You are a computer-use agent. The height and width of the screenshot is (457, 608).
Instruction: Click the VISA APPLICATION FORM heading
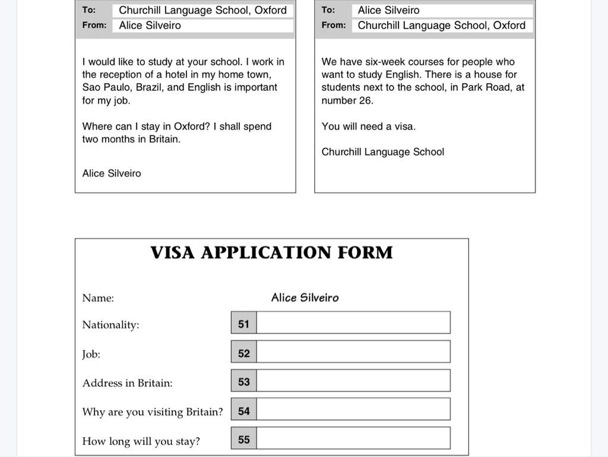271,253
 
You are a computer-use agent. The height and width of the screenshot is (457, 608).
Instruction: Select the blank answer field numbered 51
353,323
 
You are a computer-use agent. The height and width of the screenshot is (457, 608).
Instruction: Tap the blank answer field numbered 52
353,352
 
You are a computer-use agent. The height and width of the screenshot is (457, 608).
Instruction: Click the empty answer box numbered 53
353,381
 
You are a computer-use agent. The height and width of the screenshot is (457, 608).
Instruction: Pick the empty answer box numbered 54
353,410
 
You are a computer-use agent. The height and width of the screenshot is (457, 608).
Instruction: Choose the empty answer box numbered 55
353,439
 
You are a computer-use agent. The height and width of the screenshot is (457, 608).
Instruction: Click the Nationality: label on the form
110,325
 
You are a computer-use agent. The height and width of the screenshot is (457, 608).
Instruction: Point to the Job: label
91,354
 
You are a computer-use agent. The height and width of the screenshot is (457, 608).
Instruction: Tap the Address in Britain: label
127,383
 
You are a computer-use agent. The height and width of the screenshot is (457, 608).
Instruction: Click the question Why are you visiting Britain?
153,412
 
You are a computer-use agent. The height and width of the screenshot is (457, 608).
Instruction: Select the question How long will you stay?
141,441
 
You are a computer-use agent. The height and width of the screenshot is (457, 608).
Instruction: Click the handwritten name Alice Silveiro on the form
305,298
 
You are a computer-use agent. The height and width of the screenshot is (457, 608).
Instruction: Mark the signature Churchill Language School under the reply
382,152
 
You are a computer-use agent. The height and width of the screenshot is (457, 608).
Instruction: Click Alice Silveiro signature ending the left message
112,173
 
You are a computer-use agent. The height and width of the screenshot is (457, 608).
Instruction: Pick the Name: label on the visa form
98,298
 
